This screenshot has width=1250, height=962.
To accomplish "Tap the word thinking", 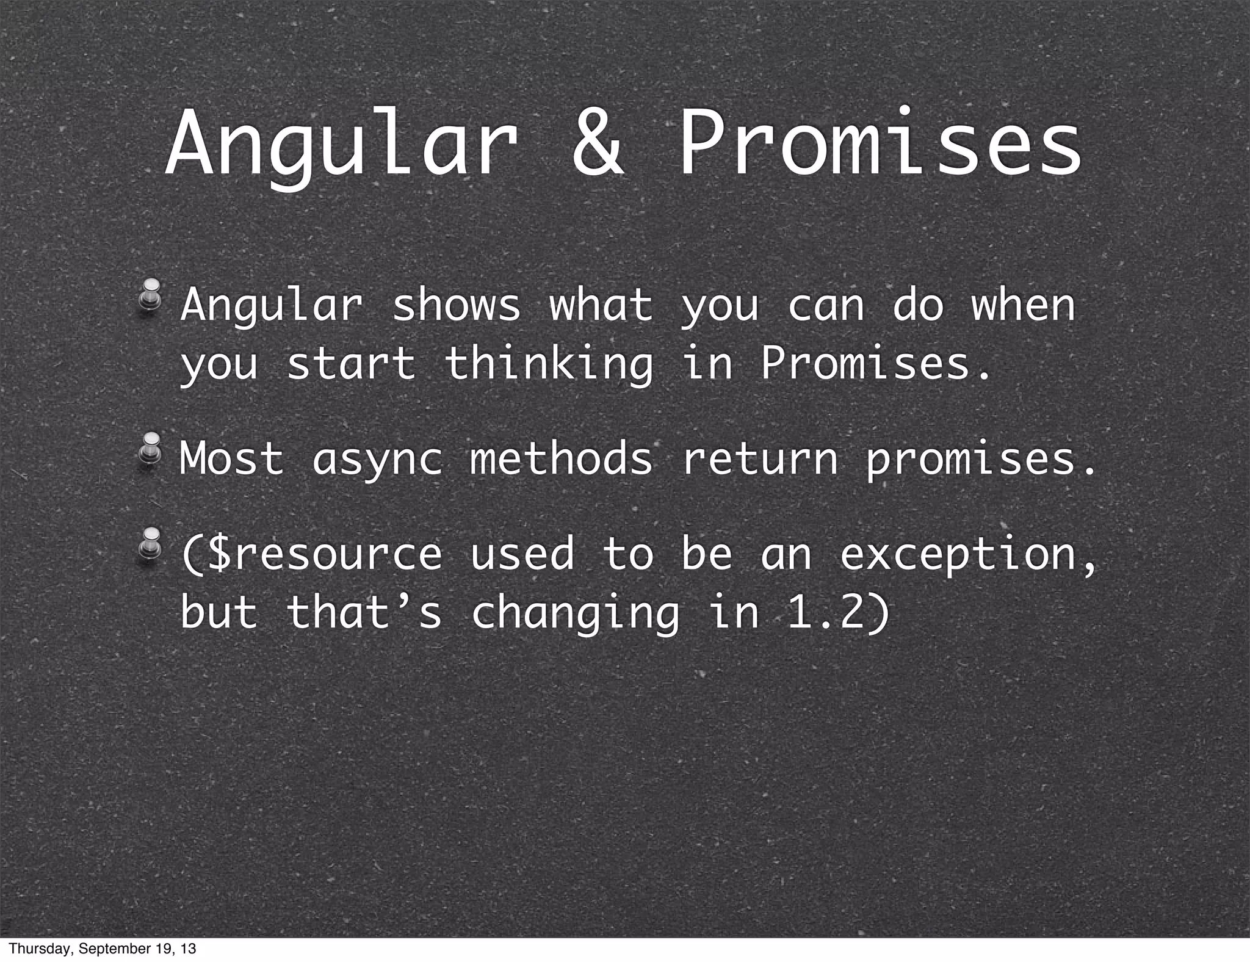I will point(548,364).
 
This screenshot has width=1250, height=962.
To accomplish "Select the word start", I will point(351,364).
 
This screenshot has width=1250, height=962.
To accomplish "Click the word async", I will point(377,459).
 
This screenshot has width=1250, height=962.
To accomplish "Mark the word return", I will point(759,459).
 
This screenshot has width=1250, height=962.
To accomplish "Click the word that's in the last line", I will point(363,612).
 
